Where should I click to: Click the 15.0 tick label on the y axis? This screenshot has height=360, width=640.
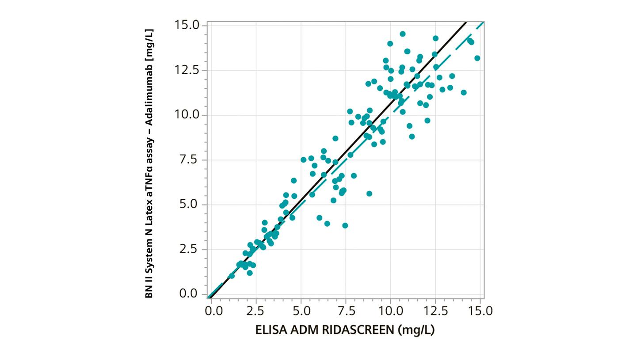(x=187, y=25)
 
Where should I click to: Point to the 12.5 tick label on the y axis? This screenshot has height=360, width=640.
(x=187, y=70)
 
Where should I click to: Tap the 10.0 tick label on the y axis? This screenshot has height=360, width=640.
(x=187, y=115)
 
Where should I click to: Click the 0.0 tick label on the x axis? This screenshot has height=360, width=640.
(x=214, y=311)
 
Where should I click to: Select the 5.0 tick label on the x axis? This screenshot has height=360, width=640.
(x=301, y=311)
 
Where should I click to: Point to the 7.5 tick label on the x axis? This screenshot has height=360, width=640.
(x=346, y=311)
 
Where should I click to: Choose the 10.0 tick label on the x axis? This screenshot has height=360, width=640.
(x=390, y=311)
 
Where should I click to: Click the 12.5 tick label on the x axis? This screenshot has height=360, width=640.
(x=435, y=311)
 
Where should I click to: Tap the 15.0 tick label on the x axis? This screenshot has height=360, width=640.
(x=480, y=311)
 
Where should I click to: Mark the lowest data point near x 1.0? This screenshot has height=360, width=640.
(x=232, y=276)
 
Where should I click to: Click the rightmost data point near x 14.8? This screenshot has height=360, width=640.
(x=477, y=58)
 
